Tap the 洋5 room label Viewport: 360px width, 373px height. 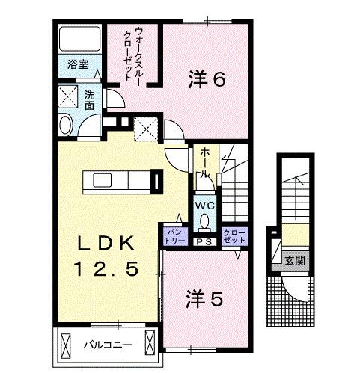(204, 299)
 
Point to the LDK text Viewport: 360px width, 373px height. (104, 244)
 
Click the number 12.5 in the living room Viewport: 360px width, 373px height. (105, 270)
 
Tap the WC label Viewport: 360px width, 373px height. (204, 205)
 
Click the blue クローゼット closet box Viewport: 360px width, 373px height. (234, 238)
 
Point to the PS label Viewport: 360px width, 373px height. (203, 241)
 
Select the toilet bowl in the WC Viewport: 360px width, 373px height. (203, 221)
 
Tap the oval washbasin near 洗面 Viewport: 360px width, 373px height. (64, 125)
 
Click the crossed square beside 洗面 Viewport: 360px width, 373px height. (68, 96)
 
